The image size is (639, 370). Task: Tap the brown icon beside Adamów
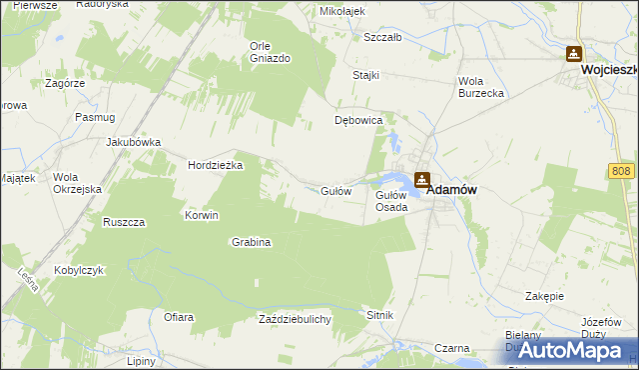tap(422, 180)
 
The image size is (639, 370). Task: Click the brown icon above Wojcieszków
tap(574, 54)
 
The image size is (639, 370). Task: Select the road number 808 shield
tap(621, 173)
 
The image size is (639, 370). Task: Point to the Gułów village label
tap(334, 190)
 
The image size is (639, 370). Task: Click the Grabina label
tap(252, 242)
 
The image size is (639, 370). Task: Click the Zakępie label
tap(545, 296)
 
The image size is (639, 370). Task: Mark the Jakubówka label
tap(134, 142)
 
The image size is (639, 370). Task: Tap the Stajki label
tap(366, 75)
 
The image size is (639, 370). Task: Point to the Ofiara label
tap(178, 317)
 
